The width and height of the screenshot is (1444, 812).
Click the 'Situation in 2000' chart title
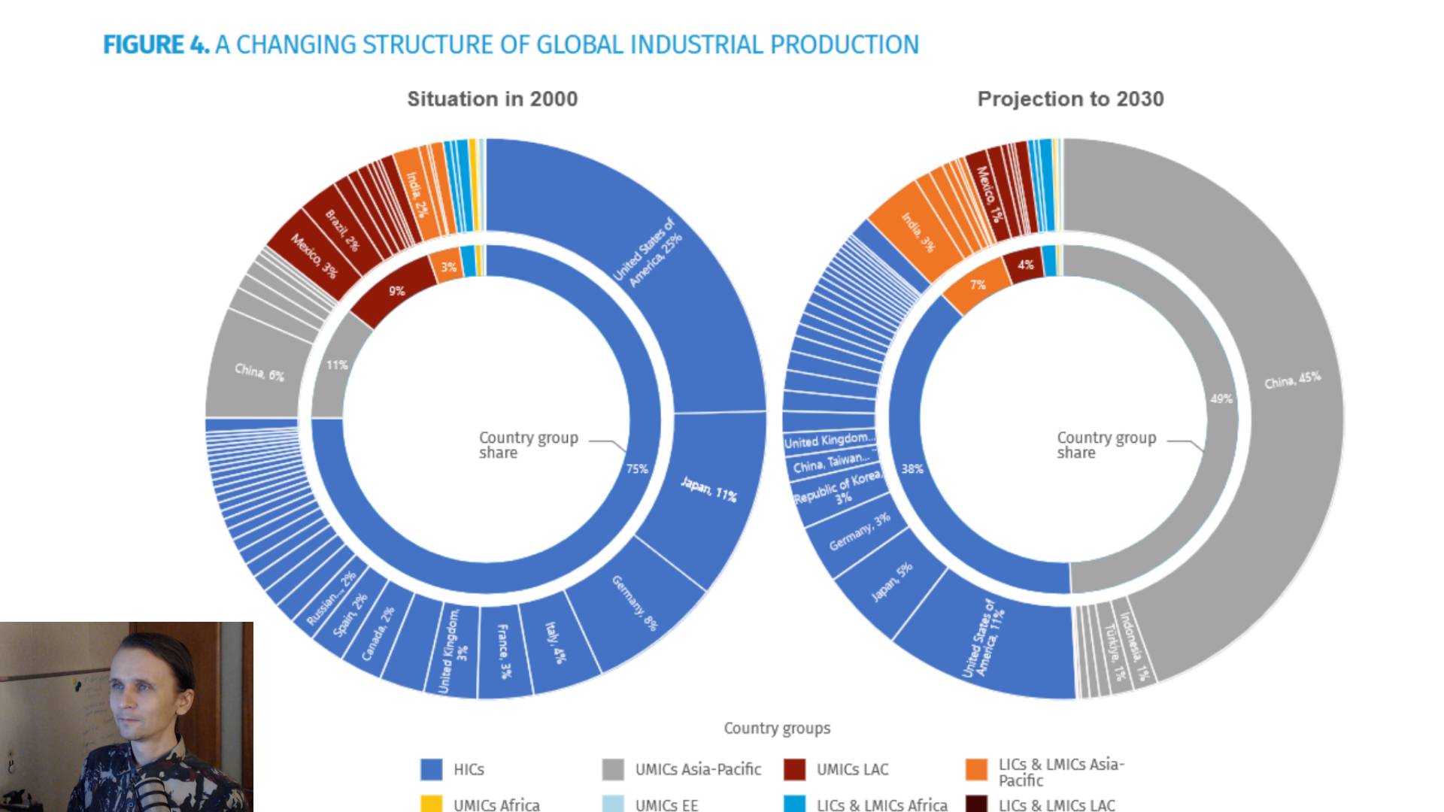493,99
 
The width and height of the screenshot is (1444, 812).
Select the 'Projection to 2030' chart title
1070,99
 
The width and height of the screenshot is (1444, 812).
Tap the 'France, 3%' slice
505,651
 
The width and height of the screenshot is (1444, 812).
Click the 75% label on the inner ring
637,469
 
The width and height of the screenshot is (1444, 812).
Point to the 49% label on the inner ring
1221,398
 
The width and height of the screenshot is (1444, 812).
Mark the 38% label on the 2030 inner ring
912,469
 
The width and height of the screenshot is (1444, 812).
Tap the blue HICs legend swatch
431,769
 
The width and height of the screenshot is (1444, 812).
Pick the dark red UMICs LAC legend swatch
794,769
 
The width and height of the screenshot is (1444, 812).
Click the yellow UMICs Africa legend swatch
431,804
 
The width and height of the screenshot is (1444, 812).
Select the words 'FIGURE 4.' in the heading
156,45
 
